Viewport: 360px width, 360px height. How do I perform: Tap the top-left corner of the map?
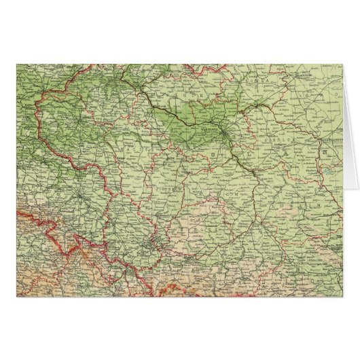tap(16, 65)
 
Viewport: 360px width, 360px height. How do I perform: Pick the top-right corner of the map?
tap(342, 65)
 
